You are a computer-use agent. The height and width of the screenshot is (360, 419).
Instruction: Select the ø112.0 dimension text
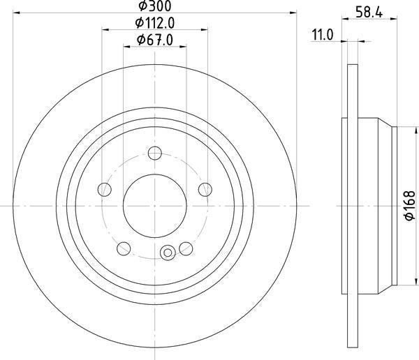(x=154, y=22)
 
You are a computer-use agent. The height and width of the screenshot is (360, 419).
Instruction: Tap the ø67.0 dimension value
(x=154, y=40)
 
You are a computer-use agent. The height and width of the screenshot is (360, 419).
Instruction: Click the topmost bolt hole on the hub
(x=155, y=153)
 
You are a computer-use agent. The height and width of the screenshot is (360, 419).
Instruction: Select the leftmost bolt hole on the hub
(x=105, y=189)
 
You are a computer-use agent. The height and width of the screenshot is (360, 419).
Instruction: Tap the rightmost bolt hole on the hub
(x=205, y=189)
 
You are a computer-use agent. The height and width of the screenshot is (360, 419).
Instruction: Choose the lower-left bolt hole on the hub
(x=124, y=248)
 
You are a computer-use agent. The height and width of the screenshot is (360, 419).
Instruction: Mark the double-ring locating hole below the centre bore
(x=168, y=253)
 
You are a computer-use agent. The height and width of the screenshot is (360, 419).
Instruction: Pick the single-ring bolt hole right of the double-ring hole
(x=186, y=248)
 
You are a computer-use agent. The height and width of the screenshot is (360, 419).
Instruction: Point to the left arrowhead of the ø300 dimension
(x=17, y=13)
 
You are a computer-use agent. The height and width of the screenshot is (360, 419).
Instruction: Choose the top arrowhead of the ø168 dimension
(x=397, y=130)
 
